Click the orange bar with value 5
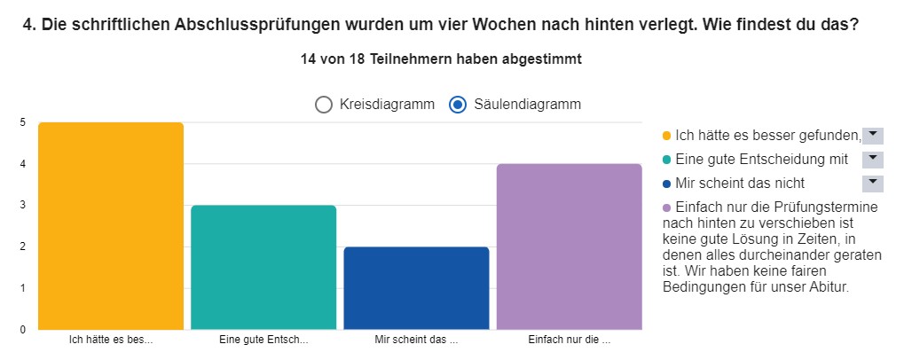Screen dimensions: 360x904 tap(111, 226)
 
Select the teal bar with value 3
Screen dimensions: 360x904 tap(263, 267)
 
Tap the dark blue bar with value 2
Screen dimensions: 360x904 tap(416, 288)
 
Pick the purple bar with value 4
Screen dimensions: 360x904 tap(569, 247)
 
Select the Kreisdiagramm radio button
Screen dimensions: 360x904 tap(325, 105)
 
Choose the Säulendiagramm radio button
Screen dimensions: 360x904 tap(458, 105)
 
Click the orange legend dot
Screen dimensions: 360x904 tap(666, 137)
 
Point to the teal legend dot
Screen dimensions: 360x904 tap(666, 160)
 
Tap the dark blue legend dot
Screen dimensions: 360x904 tap(666, 184)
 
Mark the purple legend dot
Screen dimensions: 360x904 tap(666, 208)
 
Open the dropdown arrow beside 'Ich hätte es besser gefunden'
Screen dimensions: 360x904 tap(873, 135)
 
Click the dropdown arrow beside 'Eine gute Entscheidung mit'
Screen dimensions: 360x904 tap(873, 159)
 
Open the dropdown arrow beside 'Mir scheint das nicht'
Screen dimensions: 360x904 tap(873, 183)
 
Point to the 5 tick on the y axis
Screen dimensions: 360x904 tap(22, 122)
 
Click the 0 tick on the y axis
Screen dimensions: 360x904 tap(22, 330)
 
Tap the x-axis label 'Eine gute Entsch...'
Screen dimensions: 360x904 tap(263, 340)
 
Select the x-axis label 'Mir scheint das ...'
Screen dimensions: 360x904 tap(416, 340)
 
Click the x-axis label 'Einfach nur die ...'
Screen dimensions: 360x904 tap(569, 340)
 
